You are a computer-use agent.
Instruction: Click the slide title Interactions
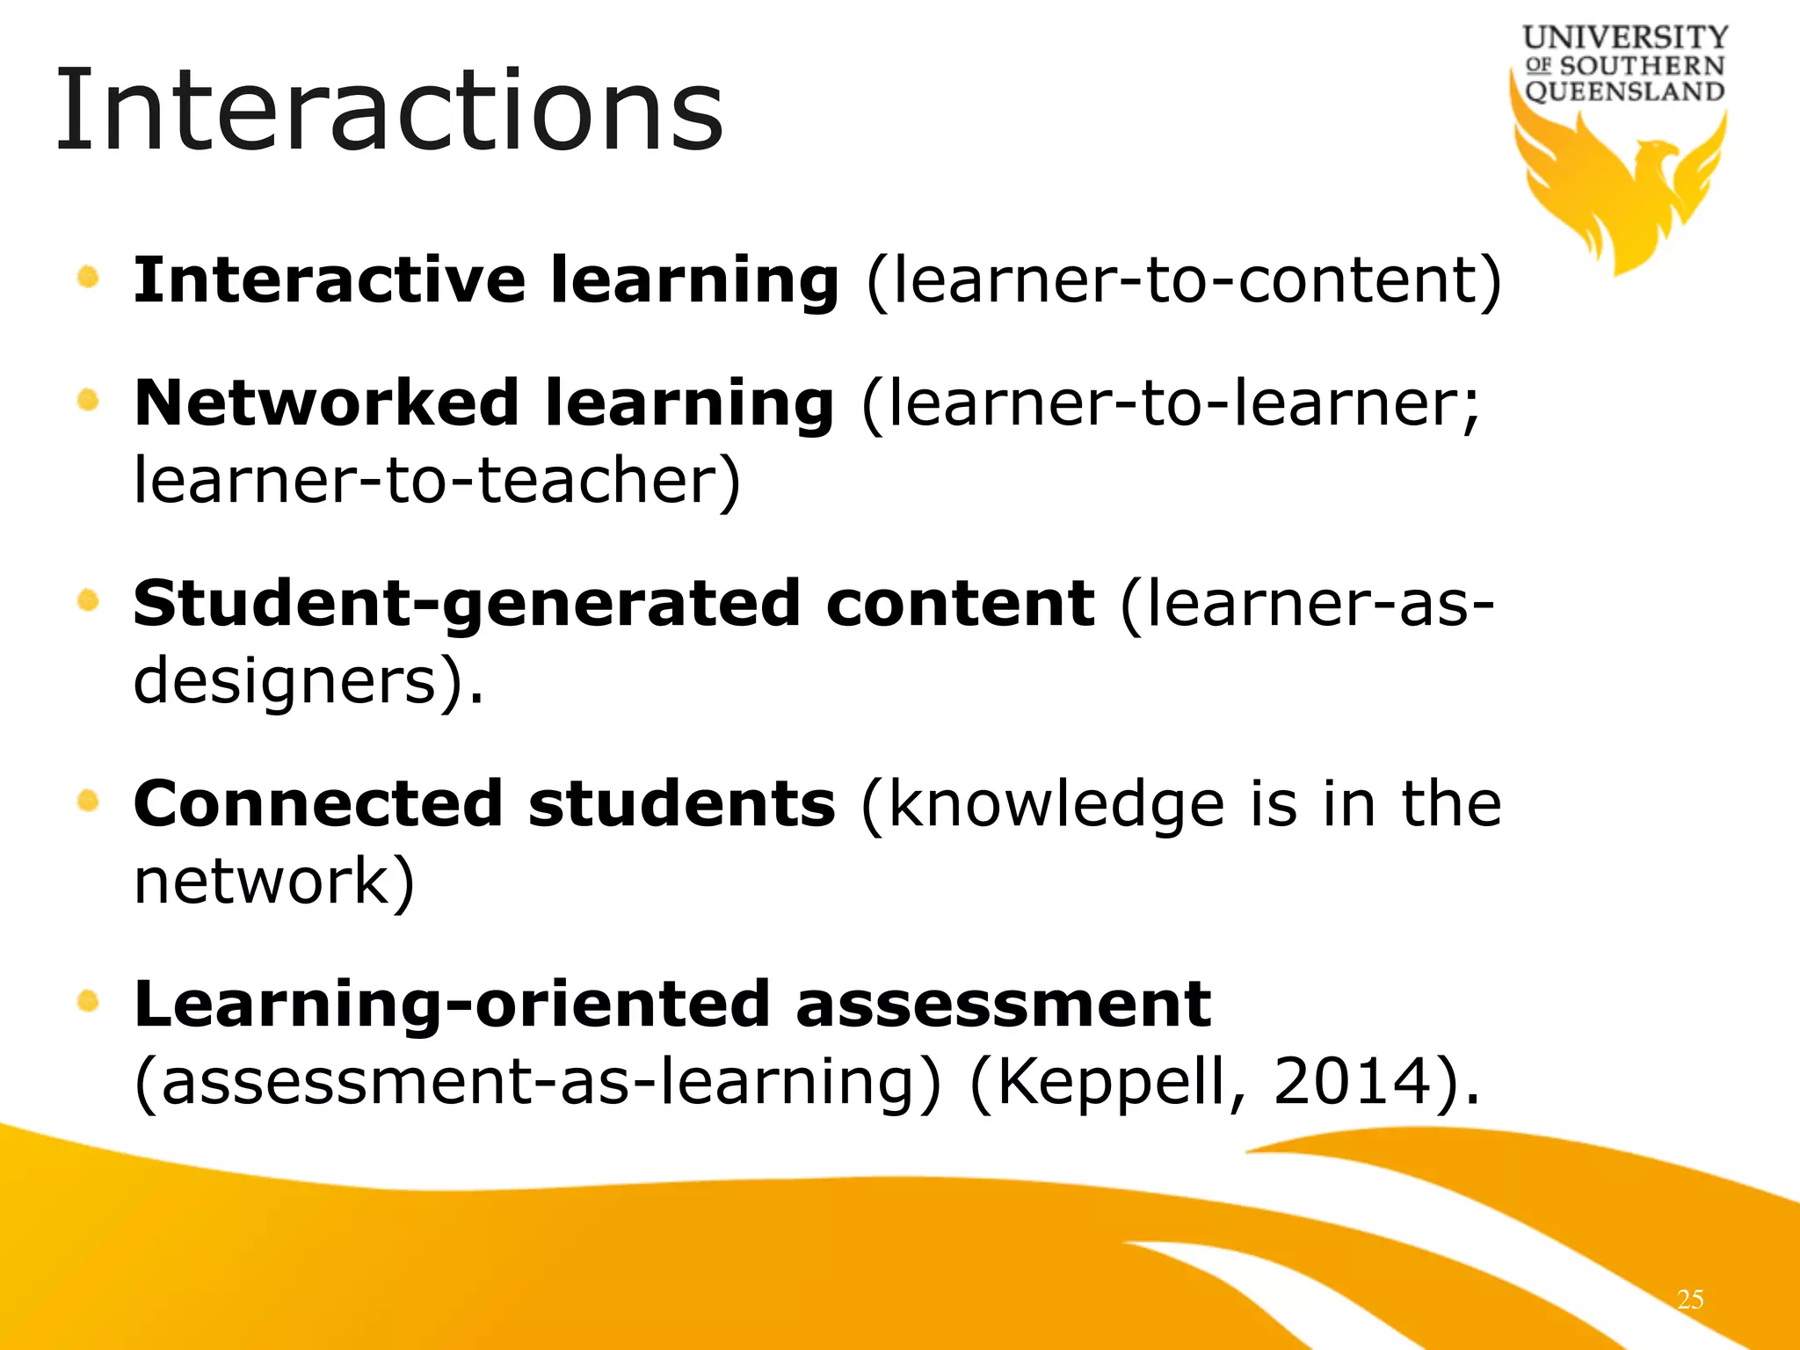coord(388,112)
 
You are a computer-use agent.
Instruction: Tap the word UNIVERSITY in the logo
coord(1625,38)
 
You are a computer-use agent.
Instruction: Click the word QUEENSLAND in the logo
coord(1625,91)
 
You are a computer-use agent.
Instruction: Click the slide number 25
coord(1689,1299)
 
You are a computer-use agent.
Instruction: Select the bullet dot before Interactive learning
coord(88,279)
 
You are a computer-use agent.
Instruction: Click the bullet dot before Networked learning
coord(88,402)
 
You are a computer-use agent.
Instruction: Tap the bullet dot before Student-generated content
coord(88,602)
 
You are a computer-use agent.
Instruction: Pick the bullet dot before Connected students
coord(88,802)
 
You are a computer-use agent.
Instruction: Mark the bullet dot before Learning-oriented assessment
coord(88,1001)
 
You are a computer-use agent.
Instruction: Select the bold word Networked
coord(326,403)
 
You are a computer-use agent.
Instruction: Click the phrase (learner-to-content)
coord(1184,282)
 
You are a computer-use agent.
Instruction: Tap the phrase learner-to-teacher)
coord(437,481)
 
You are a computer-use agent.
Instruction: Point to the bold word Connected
coord(318,803)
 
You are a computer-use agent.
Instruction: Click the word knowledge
coord(1056,805)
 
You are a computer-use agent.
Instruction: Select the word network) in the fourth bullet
coord(273,882)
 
